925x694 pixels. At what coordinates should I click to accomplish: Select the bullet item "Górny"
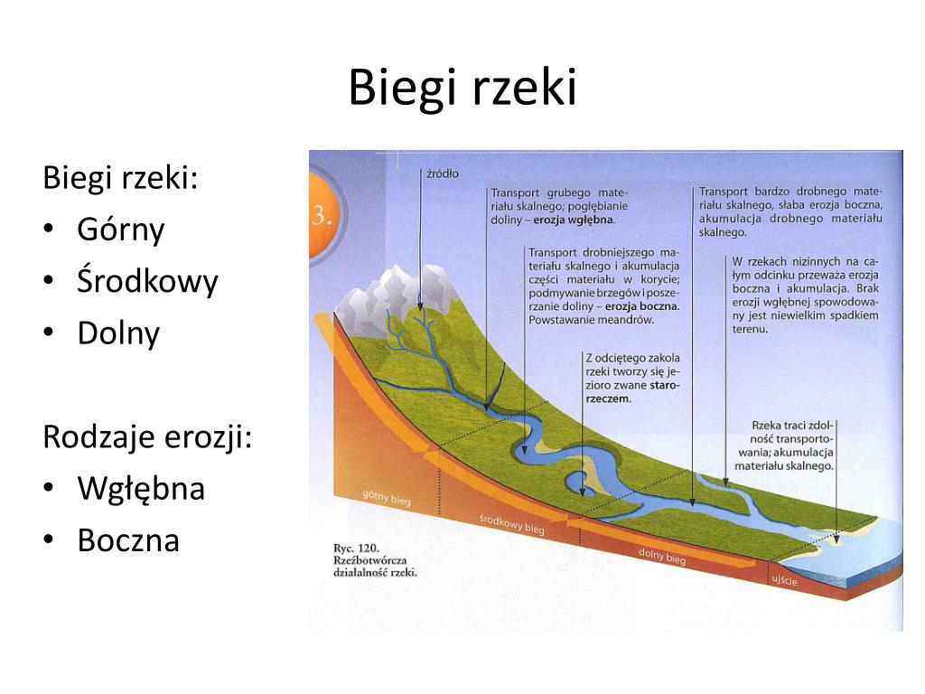click(121, 230)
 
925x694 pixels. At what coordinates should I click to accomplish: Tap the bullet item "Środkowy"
click(147, 282)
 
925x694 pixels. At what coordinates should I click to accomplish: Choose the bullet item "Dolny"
click(118, 333)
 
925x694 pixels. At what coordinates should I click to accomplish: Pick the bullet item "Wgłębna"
click(141, 489)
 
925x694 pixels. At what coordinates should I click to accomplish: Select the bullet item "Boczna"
click(128, 540)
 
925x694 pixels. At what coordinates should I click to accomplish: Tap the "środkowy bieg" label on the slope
click(511, 524)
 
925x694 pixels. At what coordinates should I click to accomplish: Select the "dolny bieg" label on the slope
click(662, 557)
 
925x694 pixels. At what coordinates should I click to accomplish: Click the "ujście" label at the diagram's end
click(784, 581)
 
